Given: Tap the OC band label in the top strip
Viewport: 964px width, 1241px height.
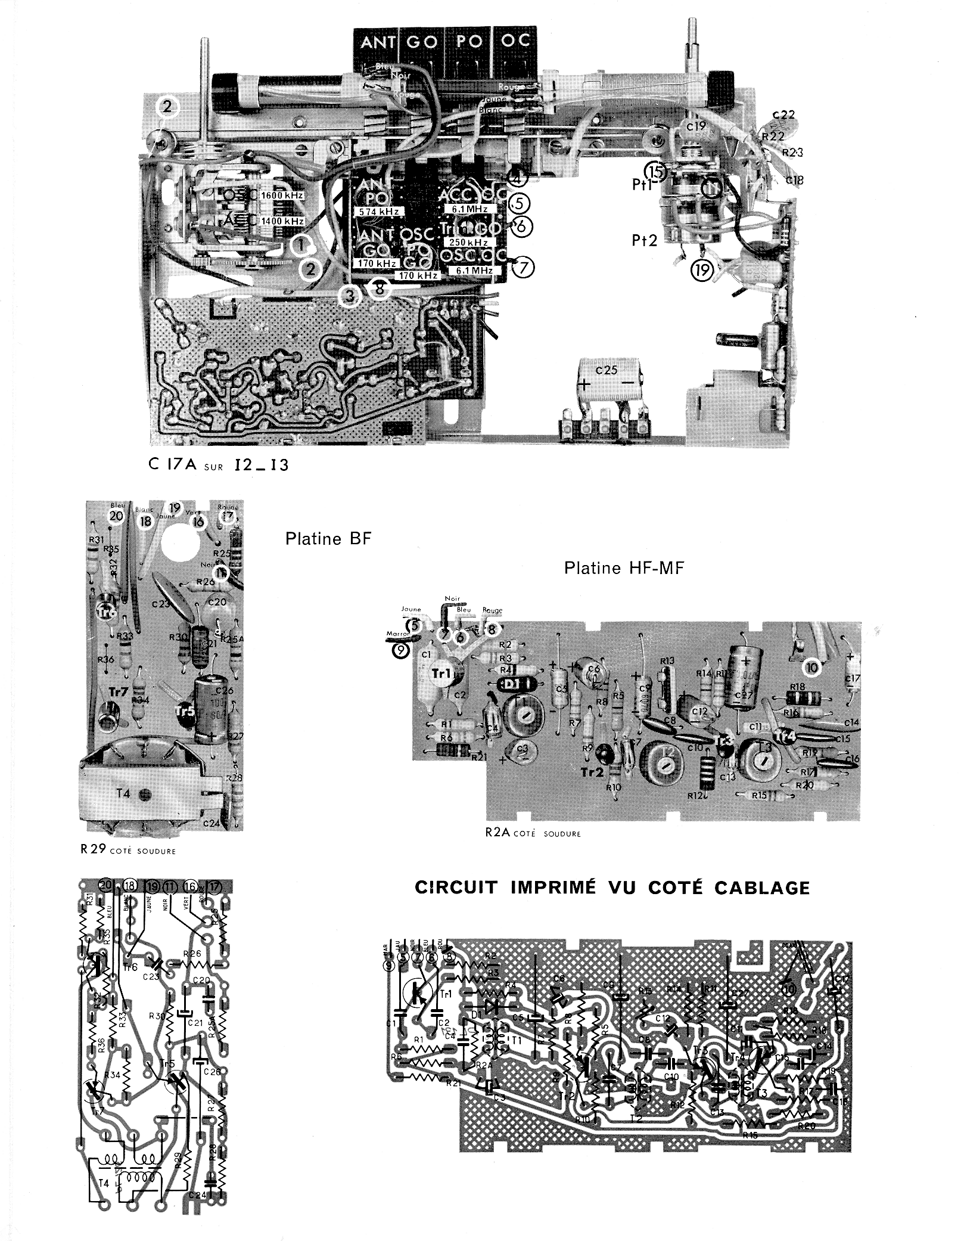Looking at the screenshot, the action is (515, 43).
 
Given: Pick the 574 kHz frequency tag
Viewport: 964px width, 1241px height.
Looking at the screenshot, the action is (378, 212).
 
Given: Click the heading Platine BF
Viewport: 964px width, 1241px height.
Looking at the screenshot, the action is (328, 539).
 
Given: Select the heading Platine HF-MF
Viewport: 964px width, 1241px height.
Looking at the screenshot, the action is (624, 568).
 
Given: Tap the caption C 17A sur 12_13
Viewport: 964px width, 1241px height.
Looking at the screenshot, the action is (219, 465).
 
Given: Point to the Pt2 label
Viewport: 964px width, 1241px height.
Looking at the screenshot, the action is (645, 240).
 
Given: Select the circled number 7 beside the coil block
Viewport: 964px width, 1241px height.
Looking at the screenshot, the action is (523, 268).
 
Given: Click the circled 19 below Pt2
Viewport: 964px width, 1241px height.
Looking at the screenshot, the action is (702, 271).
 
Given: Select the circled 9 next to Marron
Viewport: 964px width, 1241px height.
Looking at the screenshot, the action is (401, 651).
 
